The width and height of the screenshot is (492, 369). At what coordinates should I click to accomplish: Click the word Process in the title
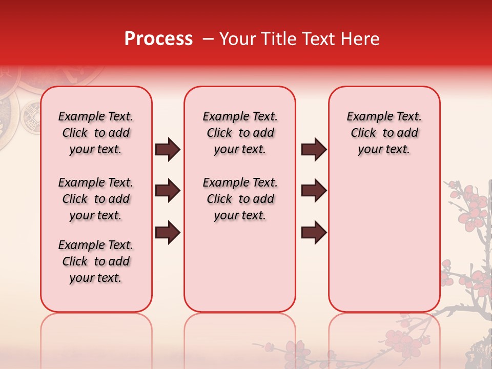[x=158, y=39]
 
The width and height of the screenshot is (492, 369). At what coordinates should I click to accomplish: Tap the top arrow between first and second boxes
[x=168, y=150]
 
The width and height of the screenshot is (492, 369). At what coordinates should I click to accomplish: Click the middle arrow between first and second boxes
[x=168, y=191]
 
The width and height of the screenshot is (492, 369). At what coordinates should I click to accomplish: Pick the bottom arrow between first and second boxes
[x=168, y=232]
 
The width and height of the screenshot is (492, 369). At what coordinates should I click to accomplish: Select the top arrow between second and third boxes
[x=314, y=150]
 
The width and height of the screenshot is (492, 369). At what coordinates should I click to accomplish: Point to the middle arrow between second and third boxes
[x=314, y=191]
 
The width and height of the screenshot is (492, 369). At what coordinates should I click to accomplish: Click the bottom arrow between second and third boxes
[x=314, y=232]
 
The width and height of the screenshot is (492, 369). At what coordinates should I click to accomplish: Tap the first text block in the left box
[x=96, y=133]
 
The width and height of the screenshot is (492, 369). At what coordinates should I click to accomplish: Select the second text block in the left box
[x=96, y=199]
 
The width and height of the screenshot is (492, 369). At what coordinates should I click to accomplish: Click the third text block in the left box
[x=96, y=261]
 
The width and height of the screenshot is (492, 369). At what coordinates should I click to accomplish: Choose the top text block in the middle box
[x=240, y=133]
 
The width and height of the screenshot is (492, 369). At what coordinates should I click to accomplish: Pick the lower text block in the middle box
[x=240, y=199]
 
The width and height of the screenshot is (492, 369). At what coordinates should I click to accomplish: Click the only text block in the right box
[x=384, y=133]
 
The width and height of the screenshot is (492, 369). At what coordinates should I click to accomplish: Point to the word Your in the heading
[x=236, y=39]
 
